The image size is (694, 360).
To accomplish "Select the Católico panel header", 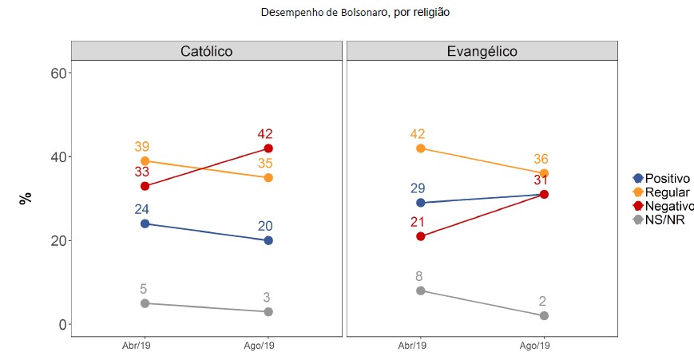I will [x=206, y=51].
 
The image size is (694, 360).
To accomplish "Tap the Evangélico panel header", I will [x=481, y=51].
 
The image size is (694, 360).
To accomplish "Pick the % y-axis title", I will [x=26, y=197].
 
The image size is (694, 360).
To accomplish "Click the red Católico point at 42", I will [x=268, y=148].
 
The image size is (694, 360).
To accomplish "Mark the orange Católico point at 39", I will [x=145, y=161].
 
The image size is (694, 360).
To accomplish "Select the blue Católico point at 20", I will [x=268, y=240].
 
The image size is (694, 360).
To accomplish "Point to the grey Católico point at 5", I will [x=145, y=303].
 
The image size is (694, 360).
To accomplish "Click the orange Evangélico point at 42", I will [x=421, y=148].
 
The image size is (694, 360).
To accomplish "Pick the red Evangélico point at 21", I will [x=421, y=236].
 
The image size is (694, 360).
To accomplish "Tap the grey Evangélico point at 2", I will [x=544, y=316].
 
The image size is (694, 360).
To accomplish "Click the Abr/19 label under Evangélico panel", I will [x=412, y=346].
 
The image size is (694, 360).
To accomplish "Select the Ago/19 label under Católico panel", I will [x=260, y=346].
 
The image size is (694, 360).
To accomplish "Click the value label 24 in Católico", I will [x=143, y=209].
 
